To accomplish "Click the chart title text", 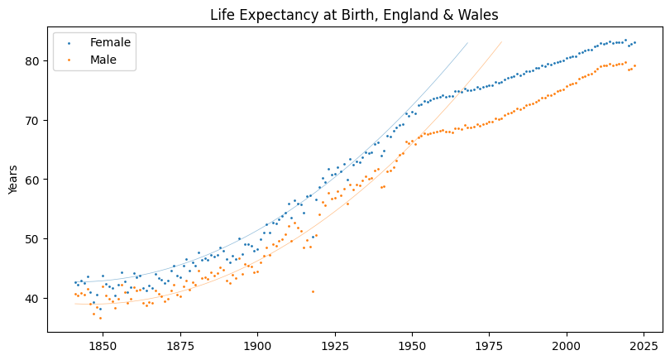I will click(x=354, y=14).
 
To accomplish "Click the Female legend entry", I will click(x=110, y=42).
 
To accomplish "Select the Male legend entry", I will click(x=103, y=60).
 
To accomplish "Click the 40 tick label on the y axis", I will click(x=32, y=298).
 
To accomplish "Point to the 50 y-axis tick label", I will click(x=32, y=238).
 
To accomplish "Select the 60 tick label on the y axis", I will click(x=32, y=180).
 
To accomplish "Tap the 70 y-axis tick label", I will click(x=32, y=120).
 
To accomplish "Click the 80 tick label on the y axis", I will click(x=32, y=60).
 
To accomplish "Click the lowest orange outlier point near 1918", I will click(x=313, y=291).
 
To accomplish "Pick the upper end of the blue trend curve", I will click(x=467, y=43).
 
